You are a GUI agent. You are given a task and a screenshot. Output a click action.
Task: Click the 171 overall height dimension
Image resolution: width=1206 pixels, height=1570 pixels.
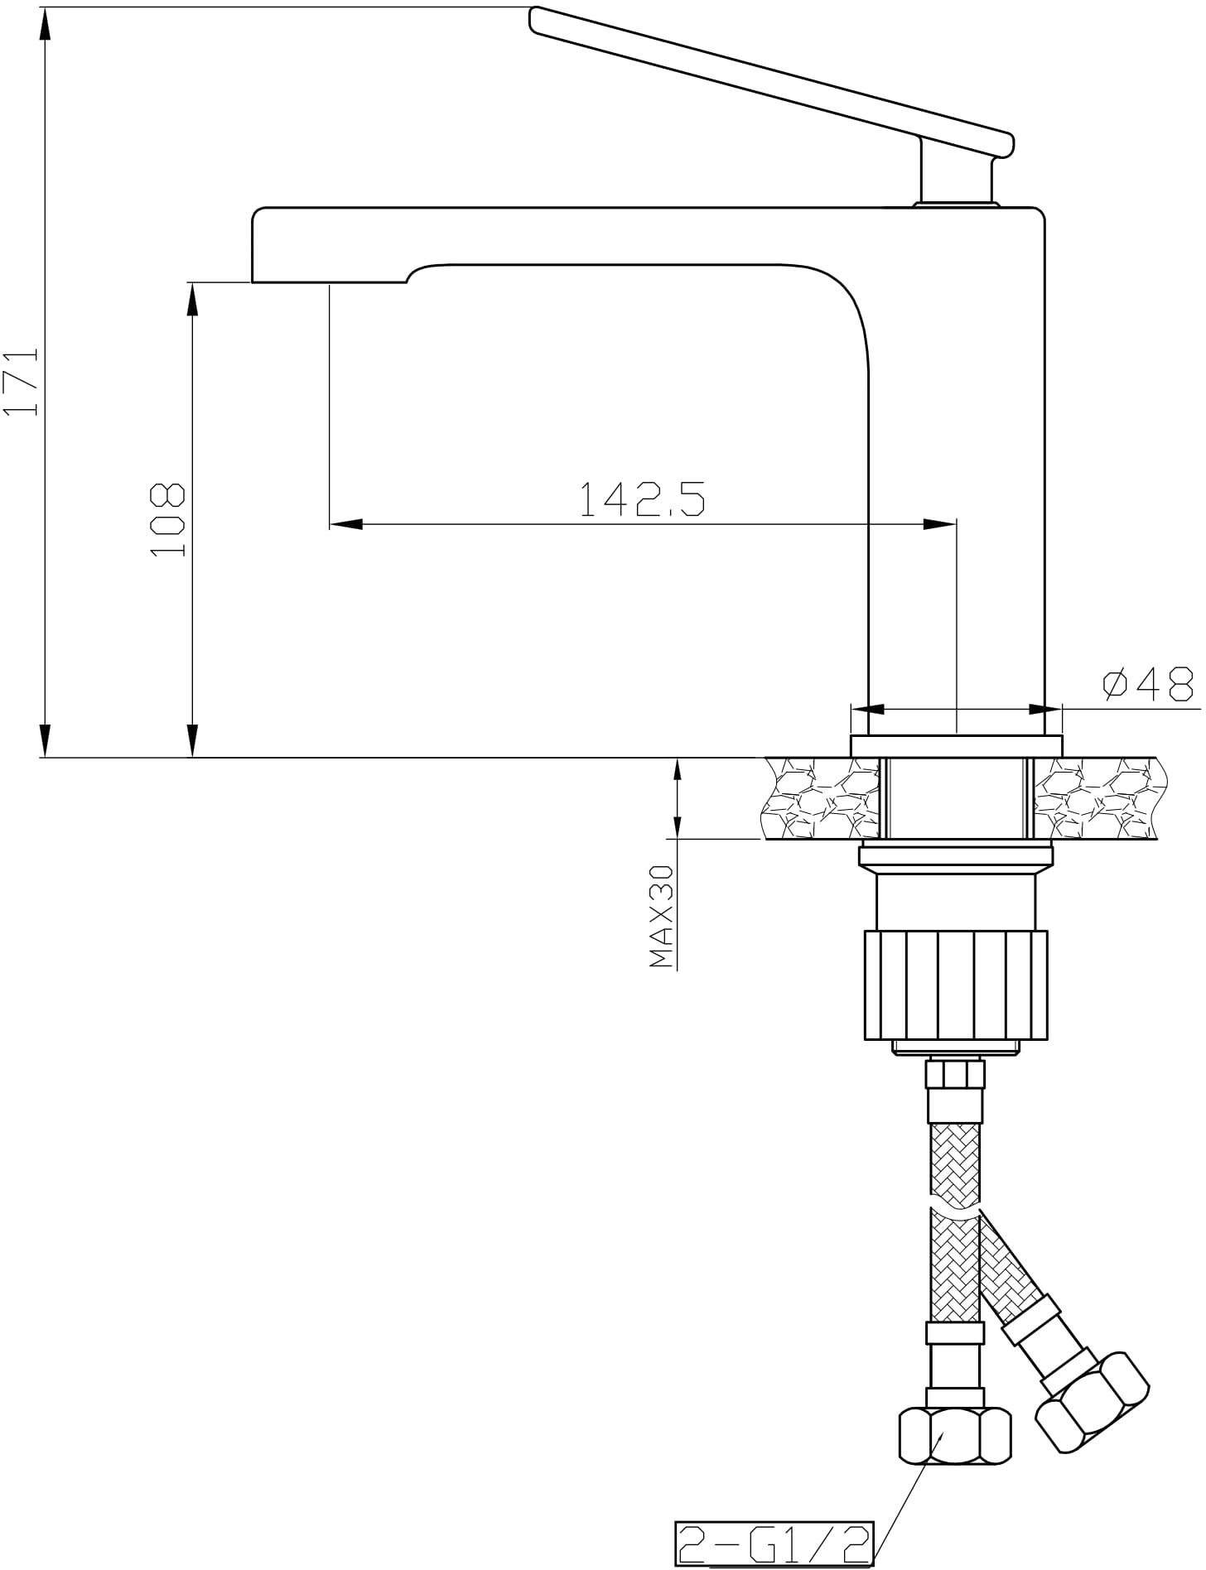[22, 380]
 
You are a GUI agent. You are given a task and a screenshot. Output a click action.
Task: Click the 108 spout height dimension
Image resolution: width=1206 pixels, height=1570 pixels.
[168, 519]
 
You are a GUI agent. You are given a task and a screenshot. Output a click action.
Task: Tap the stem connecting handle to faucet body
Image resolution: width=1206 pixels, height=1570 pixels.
[955, 172]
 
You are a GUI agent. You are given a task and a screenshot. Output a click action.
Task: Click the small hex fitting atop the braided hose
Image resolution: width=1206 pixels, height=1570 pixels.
[955, 1074]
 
